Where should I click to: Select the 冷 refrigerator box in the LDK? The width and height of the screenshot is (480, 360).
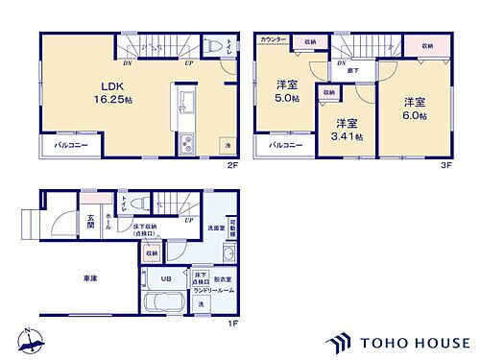click(x=228, y=144)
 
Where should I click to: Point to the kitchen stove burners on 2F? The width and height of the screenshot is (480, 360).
click(x=185, y=146)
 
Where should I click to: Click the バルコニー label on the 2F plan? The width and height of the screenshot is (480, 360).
click(x=64, y=147)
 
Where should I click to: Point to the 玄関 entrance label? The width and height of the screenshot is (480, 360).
click(x=88, y=223)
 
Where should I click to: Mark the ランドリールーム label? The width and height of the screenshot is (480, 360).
click(x=214, y=288)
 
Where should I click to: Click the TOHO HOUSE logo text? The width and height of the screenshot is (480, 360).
click(x=416, y=341)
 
